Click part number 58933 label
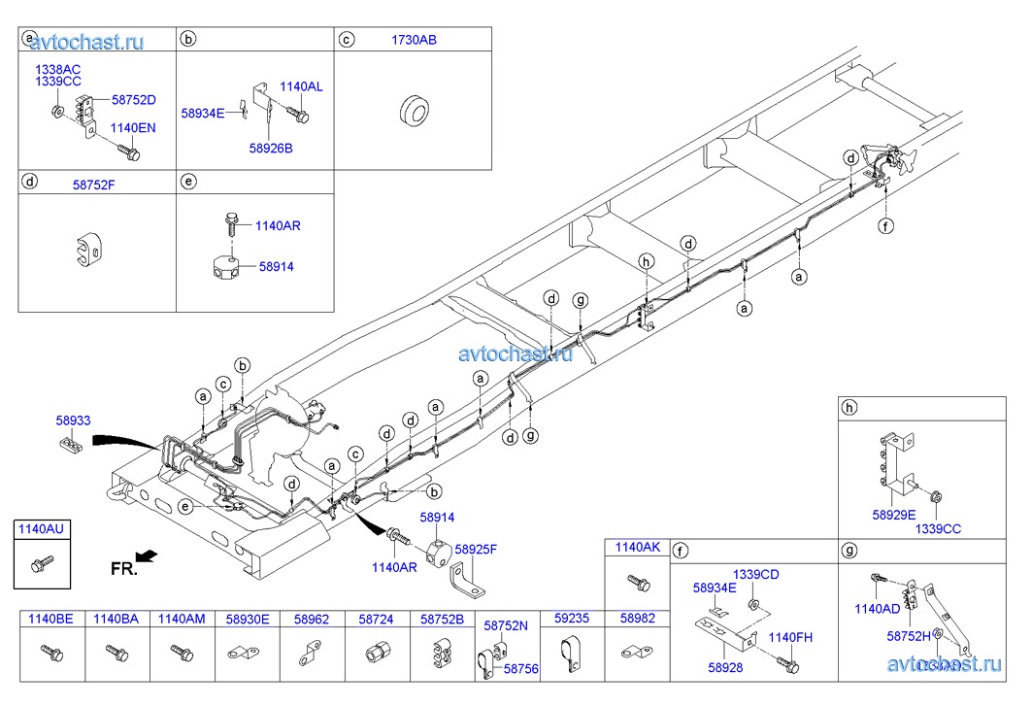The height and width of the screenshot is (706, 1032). pos(73,420)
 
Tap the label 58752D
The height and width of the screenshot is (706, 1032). pos(134,99)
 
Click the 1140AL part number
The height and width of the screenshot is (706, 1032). pos(301,86)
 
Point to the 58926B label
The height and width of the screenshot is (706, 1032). pos(270,148)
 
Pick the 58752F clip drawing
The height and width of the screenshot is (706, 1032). pos(89,251)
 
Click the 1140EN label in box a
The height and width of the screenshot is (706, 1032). pos(133,127)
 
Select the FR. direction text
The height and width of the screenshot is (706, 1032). pos(124,568)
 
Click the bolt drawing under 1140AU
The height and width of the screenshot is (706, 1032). pos(42,563)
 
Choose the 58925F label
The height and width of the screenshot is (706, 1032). pos(476,549)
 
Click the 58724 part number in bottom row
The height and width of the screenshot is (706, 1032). pos(376,618)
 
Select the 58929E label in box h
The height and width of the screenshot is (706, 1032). pos(893,515)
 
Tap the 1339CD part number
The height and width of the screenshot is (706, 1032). pos(756,574)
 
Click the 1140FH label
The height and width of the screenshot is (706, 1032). pos(789,637)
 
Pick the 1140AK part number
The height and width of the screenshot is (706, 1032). pos(637,548)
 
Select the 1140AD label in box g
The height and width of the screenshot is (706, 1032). pos(878,609)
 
